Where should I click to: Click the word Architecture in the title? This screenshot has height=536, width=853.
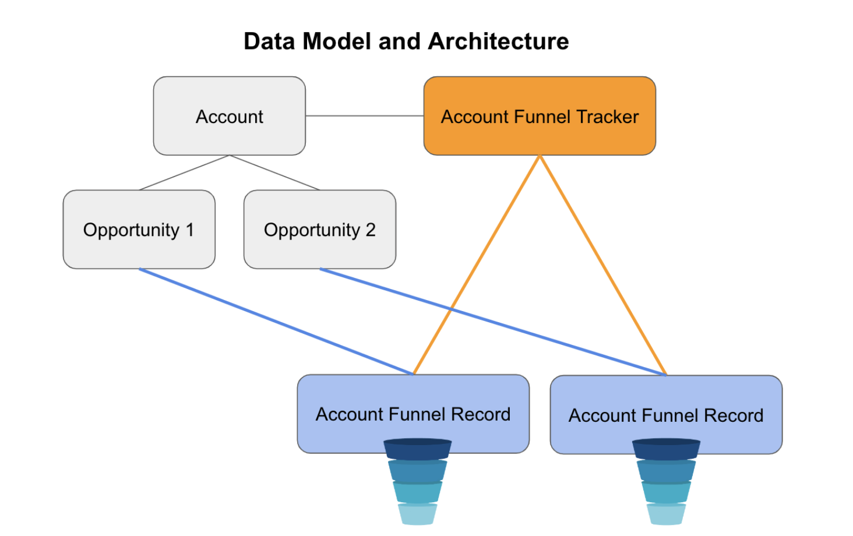499,41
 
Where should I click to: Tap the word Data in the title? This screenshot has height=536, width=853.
269,41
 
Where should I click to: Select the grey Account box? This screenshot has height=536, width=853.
229,116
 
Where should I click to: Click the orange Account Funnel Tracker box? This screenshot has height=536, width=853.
540,116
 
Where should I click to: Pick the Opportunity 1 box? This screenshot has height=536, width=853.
139,230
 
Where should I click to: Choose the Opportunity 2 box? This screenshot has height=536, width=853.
320,230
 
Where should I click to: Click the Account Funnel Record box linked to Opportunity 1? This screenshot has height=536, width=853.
413,414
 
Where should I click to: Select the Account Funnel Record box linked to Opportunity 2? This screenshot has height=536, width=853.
667,415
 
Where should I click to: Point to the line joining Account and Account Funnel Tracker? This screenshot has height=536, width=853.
365,116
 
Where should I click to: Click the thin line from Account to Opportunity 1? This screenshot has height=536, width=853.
184,172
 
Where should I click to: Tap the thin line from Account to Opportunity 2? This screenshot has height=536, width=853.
274,172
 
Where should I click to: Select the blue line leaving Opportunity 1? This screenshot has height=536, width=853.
276,322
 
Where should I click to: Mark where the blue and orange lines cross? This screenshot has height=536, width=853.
451,308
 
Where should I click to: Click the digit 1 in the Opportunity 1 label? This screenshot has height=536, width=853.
189,230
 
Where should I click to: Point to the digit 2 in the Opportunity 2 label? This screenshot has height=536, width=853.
371,230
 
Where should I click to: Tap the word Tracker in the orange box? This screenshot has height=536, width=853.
608,117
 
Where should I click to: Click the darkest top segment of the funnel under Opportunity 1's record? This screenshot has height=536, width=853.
417,449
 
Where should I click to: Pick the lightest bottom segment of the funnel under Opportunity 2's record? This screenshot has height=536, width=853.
667,514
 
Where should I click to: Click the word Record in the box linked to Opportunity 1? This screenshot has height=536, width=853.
481,414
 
